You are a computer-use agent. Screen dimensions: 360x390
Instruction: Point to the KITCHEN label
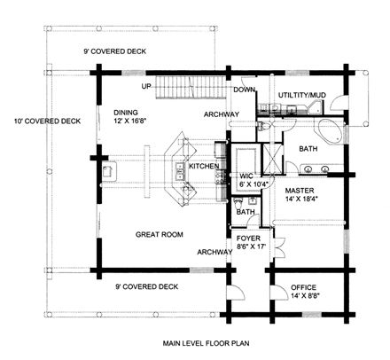tap(203, 166)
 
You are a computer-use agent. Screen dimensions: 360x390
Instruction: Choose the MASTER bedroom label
tap(303, 190)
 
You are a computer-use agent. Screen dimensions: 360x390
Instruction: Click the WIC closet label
tap(247, 176)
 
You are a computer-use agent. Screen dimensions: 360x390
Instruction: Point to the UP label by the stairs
tap(149, 86)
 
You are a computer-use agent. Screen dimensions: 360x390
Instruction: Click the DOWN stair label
tap(245, 90)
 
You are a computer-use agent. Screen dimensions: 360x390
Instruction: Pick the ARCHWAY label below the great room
tap(215, 251)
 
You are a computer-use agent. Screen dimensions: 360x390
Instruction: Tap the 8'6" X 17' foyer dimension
tap(252, 248)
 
